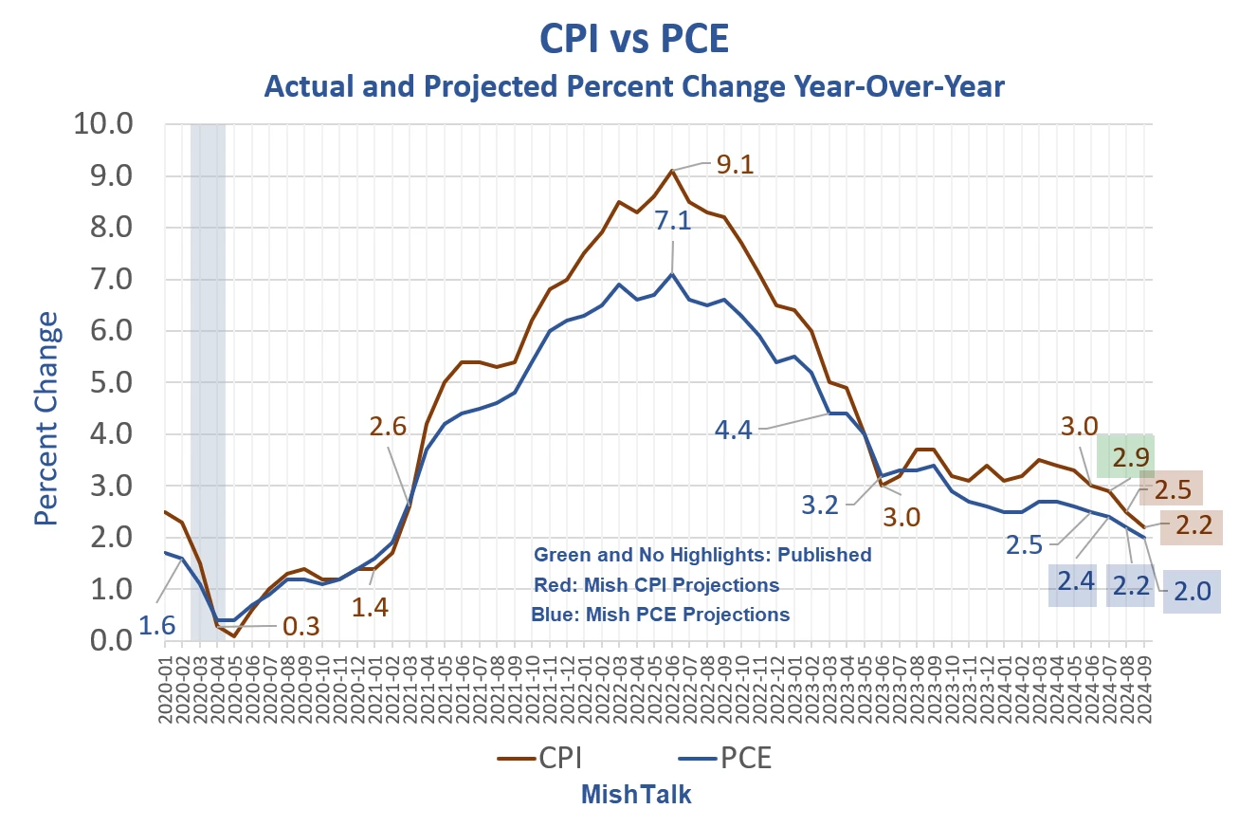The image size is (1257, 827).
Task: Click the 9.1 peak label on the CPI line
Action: pos(736,165)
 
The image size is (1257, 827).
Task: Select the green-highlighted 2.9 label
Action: pos(1125,456)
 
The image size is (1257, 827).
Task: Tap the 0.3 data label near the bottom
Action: pos(301,627)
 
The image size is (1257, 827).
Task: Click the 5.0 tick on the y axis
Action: pos(112,382)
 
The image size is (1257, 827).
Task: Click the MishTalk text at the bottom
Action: pos(636,795)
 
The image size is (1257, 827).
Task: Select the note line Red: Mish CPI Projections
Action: pos(656,584)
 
